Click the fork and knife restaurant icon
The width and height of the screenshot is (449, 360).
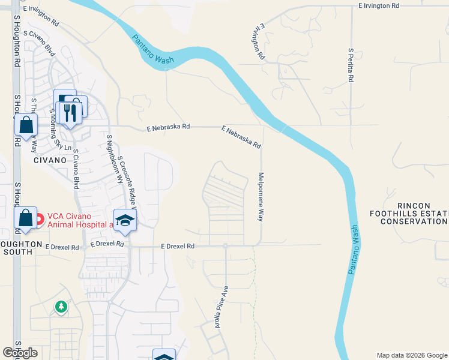coord(69,113)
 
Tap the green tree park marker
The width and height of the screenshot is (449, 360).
coord(61,307)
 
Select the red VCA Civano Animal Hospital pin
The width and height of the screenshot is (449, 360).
coord(39,219)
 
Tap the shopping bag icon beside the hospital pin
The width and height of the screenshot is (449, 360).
coord(26,218)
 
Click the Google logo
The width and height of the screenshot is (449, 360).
coord(20,353)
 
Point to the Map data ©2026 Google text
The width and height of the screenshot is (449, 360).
coord(411,355)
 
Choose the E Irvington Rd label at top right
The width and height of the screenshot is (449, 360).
coord(379,5)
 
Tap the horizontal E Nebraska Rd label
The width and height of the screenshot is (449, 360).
coord(168,127)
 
